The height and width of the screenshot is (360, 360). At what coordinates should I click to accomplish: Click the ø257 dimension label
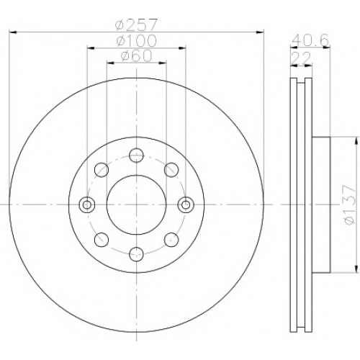pos(136,25)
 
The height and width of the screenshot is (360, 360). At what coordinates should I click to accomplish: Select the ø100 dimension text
pos(136,41)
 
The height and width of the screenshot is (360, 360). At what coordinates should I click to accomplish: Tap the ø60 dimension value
pos(136,55)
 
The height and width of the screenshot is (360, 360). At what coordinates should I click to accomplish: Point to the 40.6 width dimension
pos(310,40)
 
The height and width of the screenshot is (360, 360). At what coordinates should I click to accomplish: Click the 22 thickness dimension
pos(301,58)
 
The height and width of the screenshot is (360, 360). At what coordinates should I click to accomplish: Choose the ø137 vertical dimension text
pos(349,204)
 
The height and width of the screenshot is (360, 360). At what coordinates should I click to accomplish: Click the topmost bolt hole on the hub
pos(136,156)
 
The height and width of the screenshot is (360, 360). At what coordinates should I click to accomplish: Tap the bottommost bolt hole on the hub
pos(136,254)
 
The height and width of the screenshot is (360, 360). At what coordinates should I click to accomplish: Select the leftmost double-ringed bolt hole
pos(87,204)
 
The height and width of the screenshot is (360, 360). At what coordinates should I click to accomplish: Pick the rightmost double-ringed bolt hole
pos(186,204)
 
